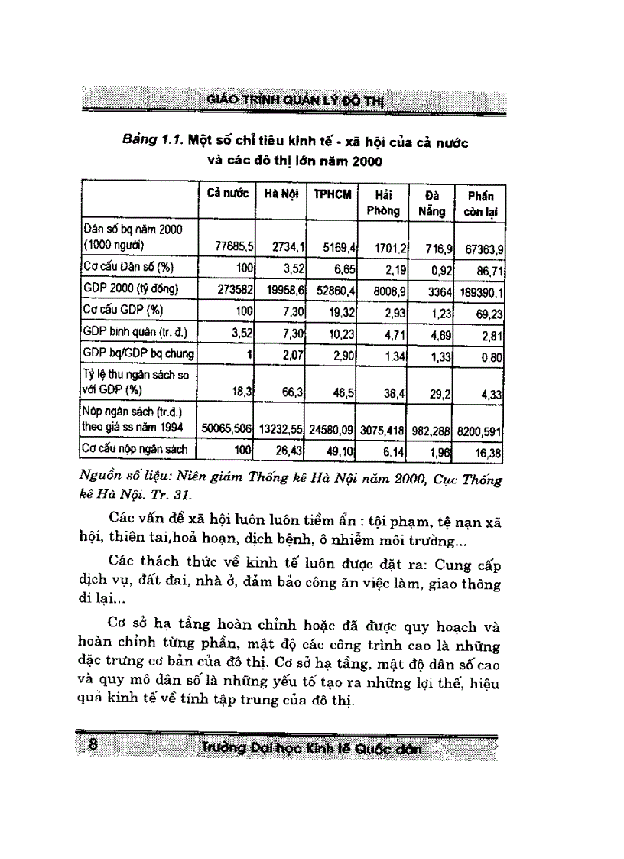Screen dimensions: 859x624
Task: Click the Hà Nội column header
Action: [281, 194]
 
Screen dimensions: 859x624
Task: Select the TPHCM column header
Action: [332, 194]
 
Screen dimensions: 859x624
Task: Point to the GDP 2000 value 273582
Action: [234, 290]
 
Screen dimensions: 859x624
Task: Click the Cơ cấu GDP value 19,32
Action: [338, 311]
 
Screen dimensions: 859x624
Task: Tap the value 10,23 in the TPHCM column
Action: [338, 333]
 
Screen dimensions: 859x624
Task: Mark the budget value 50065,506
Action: [226, 431]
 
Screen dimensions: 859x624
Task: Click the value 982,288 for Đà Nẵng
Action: [427, 431]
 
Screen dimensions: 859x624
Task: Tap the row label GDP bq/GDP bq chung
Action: [138, 353]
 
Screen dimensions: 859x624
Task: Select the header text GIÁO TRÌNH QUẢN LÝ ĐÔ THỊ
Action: [298, 100]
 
